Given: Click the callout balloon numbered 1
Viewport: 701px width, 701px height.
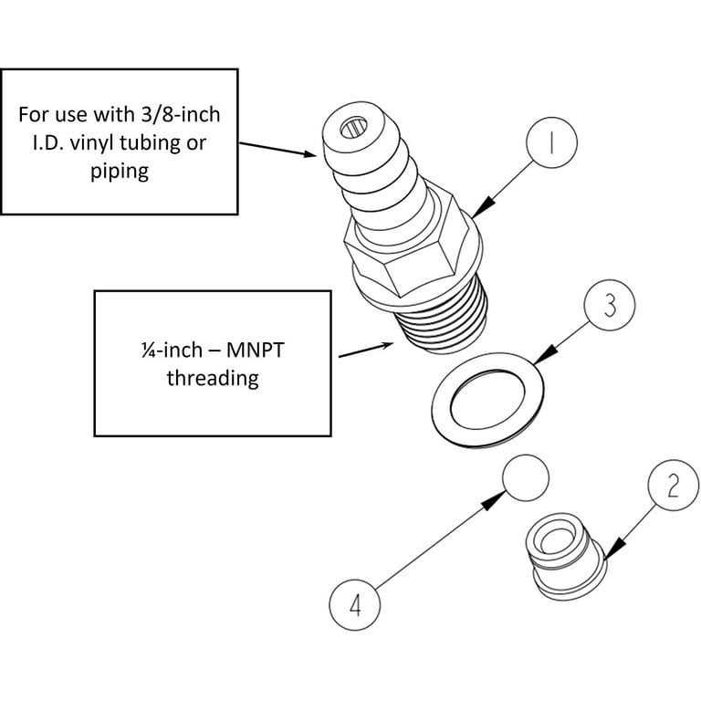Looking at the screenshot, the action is (551, 142).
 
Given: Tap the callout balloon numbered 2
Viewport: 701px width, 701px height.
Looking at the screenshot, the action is (674, 486).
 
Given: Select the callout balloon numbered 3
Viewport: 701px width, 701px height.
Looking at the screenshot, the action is (610, 306).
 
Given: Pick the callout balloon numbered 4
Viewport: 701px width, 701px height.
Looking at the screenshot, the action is (354, 605).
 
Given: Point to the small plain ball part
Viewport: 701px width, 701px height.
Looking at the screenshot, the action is (526, 478).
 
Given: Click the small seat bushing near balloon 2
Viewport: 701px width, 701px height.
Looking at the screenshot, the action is (567, 557).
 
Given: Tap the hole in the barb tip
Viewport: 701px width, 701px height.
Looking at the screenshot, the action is (353, 129).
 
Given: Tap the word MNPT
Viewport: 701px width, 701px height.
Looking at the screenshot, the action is (255, 350).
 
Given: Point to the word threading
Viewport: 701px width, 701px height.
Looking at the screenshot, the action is (213, 379).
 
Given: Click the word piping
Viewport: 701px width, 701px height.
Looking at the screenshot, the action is (120, 172).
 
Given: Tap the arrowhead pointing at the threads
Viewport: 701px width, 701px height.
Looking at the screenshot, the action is (387, 345).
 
